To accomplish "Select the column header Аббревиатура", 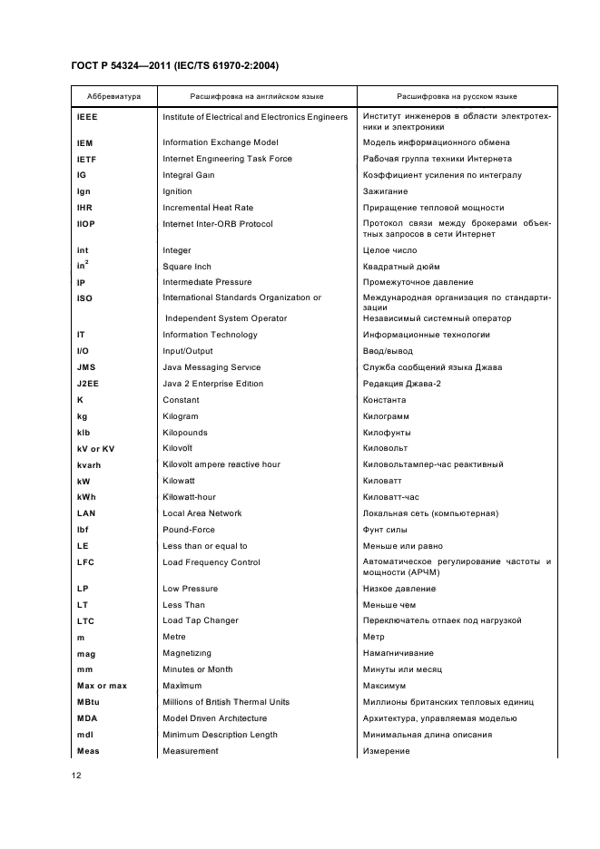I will tap(113, 95).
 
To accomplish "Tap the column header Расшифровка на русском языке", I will tap(457, 95).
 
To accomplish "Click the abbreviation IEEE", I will tap(87, 117).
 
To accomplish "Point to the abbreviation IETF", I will tap(86, 159).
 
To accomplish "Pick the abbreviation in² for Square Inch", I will tap(82, 265).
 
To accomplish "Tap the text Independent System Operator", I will tap(226, 318).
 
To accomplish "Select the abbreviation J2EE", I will tap(88, 384).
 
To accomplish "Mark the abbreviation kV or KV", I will tap(96, 448).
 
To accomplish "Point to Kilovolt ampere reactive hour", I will tap(221, 464).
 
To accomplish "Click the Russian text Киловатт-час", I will tap(390, 497).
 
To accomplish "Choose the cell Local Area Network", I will tap(202, 513).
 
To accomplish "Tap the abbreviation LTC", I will tap(85, 620).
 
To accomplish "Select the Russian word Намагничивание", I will tap(398, 653).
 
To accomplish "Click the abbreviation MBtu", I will tap(88, 702).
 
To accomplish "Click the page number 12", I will tap(76, 776).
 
